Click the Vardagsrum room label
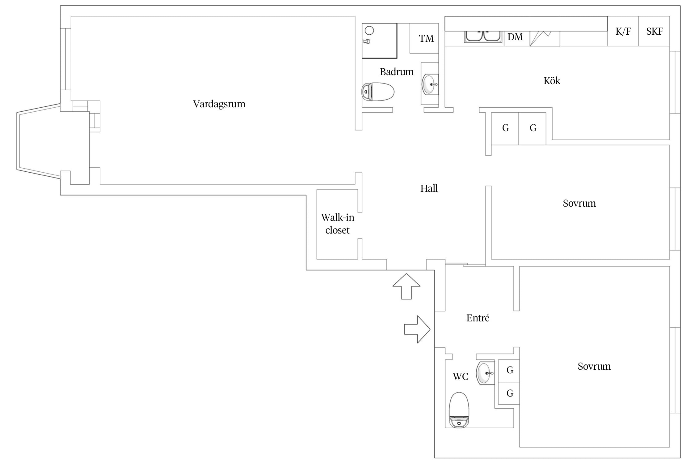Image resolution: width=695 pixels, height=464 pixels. tap(219, 104)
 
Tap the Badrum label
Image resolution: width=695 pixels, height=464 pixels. tap(397, 72)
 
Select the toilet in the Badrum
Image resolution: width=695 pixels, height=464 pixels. tap(378, 92)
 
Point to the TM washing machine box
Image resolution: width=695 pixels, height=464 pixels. tap(424, 38)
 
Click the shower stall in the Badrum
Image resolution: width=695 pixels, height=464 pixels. tap(379, 41)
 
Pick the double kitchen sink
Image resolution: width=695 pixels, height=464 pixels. tap(483, 37)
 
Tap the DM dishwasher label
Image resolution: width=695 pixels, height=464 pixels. tap(515, 37)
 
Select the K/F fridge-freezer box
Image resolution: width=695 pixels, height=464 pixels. tap(623, 31)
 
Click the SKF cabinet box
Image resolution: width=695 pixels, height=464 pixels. tap(654, 31)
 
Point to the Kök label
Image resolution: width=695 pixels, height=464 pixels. tap(552, 81)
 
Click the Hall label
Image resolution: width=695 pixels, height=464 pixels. tap(429, 188)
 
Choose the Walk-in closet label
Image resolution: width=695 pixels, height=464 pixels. tap(338, 224)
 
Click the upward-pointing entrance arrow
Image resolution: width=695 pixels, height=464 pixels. tap(406, 286)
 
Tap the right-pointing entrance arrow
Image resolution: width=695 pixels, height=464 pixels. tap(417, 329)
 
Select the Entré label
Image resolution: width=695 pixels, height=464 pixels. tap(478, 318)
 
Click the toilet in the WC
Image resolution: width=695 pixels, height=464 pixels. tap(459, 410)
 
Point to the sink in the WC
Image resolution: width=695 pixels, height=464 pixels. tap(485, 373)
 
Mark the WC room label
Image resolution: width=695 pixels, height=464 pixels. tap(461, 376)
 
